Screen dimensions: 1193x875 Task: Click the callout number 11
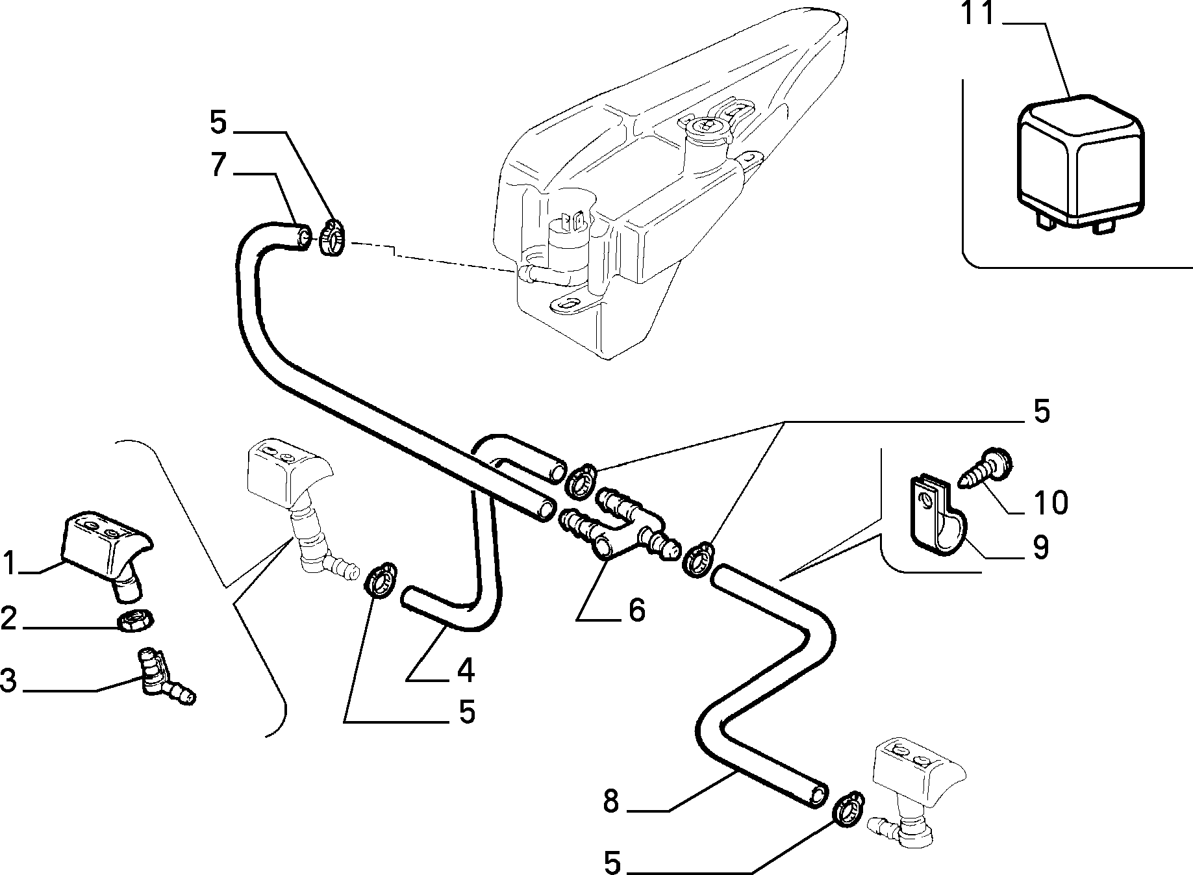coord(979,14)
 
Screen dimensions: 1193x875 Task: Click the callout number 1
coord(10,563)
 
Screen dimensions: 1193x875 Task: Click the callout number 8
coord(612,802)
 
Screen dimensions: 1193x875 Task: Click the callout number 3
coord(8,682)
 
